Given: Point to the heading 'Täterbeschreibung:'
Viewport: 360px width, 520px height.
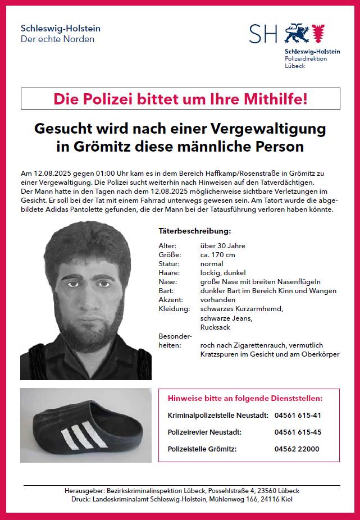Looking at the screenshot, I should tap(195, 231).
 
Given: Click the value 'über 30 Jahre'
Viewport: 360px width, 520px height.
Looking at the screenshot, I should tap(222, 246).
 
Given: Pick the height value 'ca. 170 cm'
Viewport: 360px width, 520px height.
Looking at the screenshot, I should tap(218, 255).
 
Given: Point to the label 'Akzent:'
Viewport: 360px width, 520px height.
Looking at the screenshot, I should tap(171, 300).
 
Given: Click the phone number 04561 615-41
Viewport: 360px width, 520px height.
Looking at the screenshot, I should tap(298, 415).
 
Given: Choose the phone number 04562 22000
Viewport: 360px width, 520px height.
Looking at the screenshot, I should tap(297, 449).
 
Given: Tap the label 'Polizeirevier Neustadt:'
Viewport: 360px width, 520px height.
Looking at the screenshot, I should tap(204, 432).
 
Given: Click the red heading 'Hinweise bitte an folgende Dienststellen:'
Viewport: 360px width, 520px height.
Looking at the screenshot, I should tap(245, 399).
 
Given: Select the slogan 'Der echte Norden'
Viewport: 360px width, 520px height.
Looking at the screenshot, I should tap(57, 39).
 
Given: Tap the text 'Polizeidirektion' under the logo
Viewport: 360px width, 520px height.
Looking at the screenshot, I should tap(306, 58).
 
